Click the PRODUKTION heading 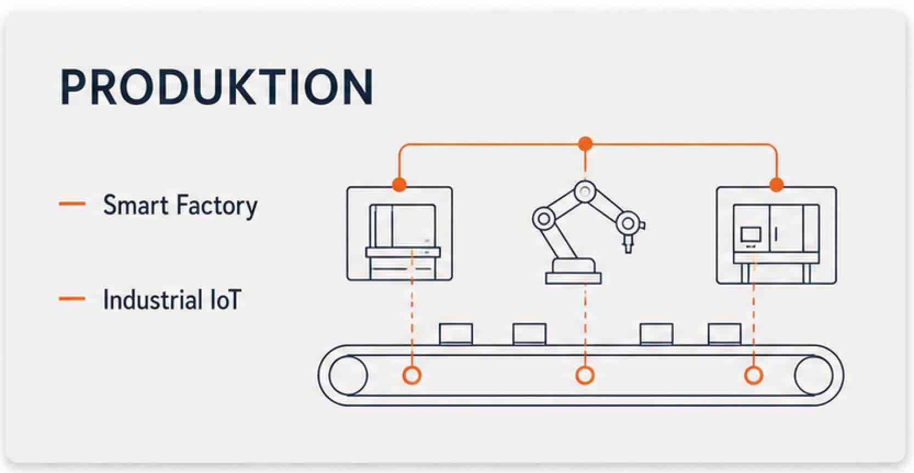216,87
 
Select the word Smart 136,205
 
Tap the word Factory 217,206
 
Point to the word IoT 225,300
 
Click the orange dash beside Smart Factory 72,203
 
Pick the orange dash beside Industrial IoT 72,299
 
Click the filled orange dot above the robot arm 585,144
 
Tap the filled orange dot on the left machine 399,184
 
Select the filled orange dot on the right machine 776,184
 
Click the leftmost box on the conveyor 456,334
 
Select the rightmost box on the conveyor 725,334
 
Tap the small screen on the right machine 751,234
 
